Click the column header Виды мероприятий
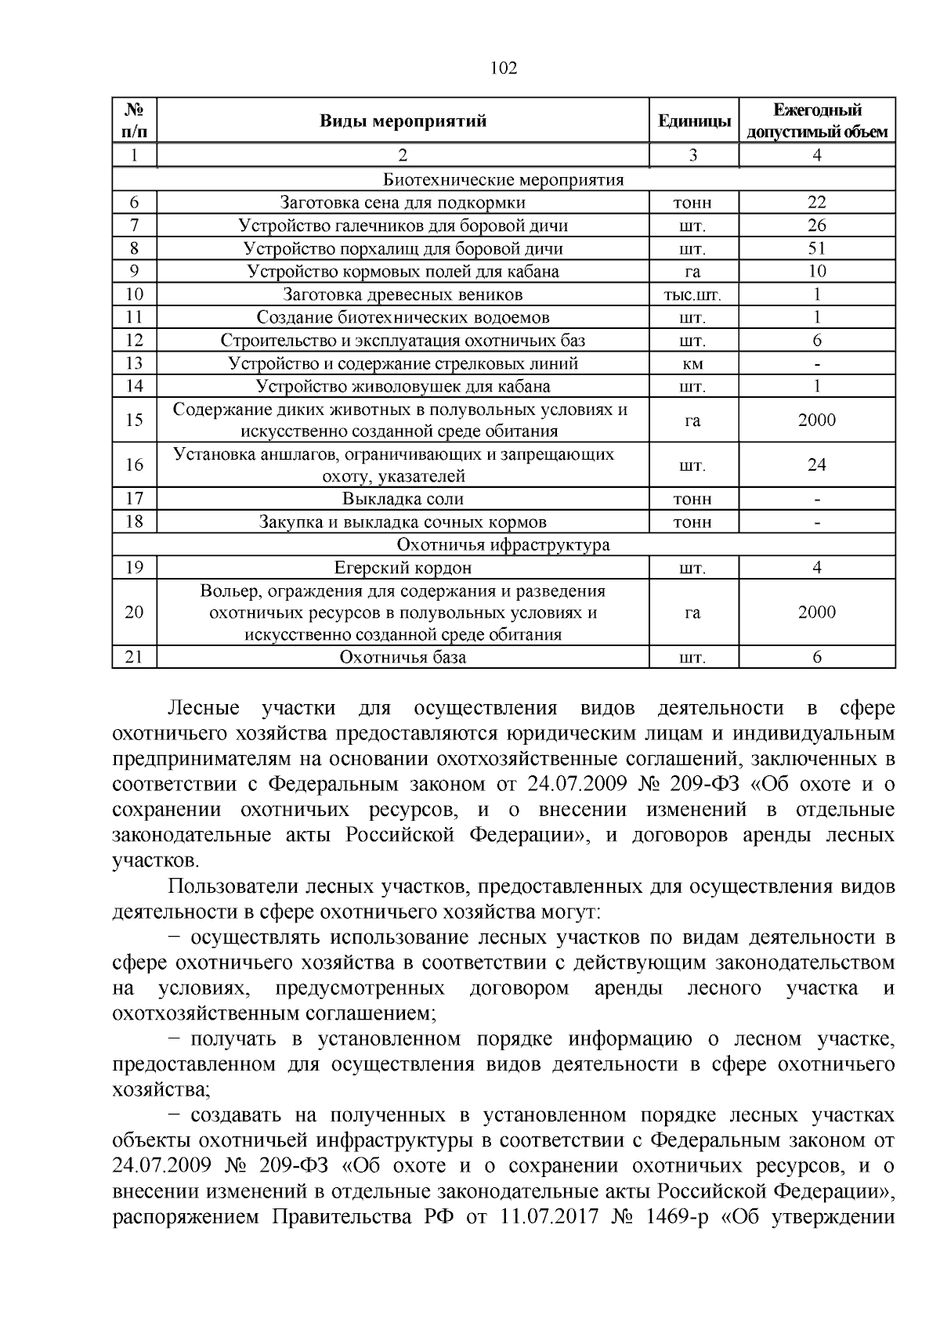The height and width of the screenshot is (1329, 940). click(x=403, y=121)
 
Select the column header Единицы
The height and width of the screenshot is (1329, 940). click(x=694, y=121)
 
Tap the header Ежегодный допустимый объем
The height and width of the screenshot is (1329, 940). click(x=817, y=121)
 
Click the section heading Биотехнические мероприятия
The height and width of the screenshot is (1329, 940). click(x=504, y=180)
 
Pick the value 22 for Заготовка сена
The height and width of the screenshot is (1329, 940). click(x=817, y=203)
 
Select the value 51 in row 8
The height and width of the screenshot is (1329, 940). click(x=817, y=249)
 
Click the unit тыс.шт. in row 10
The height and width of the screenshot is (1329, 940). click(x=692, y=295)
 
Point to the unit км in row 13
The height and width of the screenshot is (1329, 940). click(x=692, y=363)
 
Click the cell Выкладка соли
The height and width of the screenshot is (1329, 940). click(x=403, y=499)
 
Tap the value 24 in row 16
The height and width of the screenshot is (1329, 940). click(x=817, y=465)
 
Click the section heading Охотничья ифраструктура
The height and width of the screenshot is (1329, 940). click(x=504, y=544)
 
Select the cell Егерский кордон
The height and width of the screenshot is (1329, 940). click(x=403, y=568)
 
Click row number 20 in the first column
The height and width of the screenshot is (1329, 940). click(x=134, y=612)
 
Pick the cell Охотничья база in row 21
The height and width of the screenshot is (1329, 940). click(x=403, y=657)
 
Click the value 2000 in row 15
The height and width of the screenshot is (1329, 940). click(x=817, y=421)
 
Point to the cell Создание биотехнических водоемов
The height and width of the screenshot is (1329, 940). click(x=403, y=318)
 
